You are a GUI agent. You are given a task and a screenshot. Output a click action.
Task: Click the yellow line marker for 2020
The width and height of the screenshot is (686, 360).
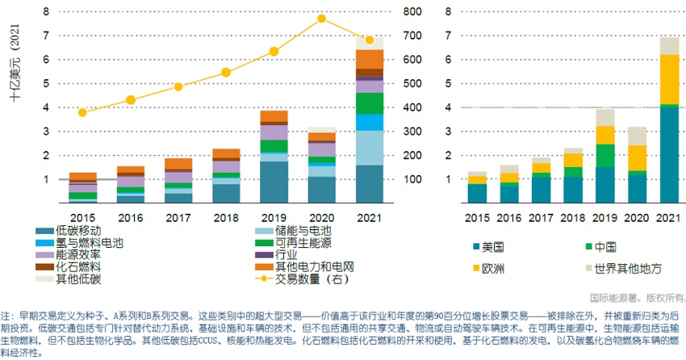click(321, 18)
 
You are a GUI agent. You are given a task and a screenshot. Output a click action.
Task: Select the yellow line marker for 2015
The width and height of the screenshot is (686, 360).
click(82, 112)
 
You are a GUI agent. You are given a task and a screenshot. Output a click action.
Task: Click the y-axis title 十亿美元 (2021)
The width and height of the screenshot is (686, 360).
click(15, 65)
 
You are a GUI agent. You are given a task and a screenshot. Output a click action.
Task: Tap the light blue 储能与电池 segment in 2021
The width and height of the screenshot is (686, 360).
click(370, 148)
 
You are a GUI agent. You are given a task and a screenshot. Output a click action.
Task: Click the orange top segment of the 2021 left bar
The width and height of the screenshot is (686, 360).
click(370, 59)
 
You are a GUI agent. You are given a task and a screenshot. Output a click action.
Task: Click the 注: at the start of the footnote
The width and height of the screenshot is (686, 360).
click(8, 316)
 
